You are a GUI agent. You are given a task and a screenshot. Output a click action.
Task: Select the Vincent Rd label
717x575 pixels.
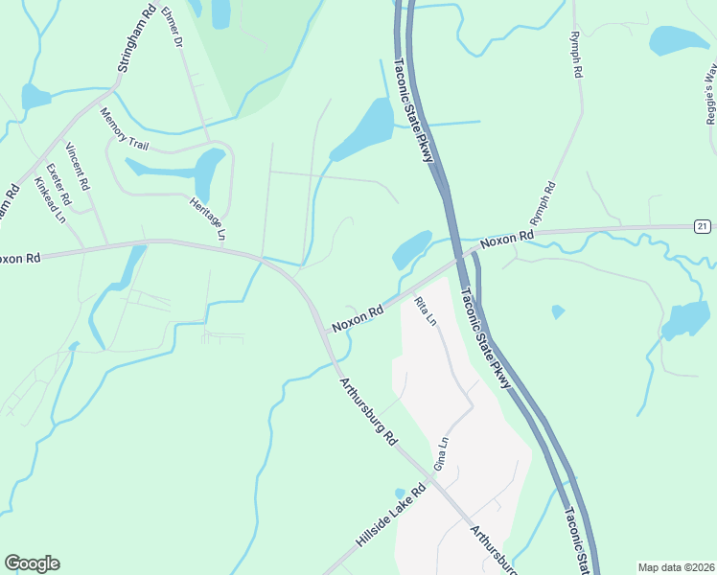pyautogui.click(x=78, y=164)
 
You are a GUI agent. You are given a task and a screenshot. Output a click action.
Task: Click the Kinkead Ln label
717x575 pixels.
pyautogui.click(x=48, y=199)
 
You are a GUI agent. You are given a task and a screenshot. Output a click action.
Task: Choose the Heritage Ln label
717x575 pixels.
pyautogui.click(x=206, y=218)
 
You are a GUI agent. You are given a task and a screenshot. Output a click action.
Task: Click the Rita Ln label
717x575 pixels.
pyautogui.click(x=425, y=310)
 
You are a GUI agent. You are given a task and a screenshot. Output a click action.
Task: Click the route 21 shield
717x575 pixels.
pyautogui.click(x=703, y=225)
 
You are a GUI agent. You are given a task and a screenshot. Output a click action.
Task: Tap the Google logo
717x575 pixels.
pyautogui.click(x=32, y=563)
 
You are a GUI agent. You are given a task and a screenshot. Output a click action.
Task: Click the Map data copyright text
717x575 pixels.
pyautogui.click(x=676, y=567)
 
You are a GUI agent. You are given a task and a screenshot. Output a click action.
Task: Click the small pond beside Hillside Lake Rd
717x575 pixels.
pyautogui.click(x=401, y=494)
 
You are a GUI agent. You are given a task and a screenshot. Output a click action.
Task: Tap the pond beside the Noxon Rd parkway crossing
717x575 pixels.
pyautogui.click(x=412, y=248)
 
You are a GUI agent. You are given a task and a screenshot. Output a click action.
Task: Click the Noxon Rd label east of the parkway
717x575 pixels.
pyautogui.click(x=507, y=240)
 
